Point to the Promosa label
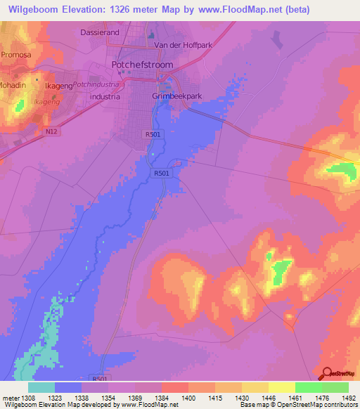pyautogui.click(x=16, y=54)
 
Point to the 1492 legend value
pyautogui.click(x=348, y=397)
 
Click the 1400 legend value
pyautogui.click(x=188, y=397)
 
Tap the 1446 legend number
pyautogui.click(x=269, y=397)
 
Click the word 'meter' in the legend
pyautogui.click(x=7, y=397)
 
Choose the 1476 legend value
pyautogui.click(x=322, y=397)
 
